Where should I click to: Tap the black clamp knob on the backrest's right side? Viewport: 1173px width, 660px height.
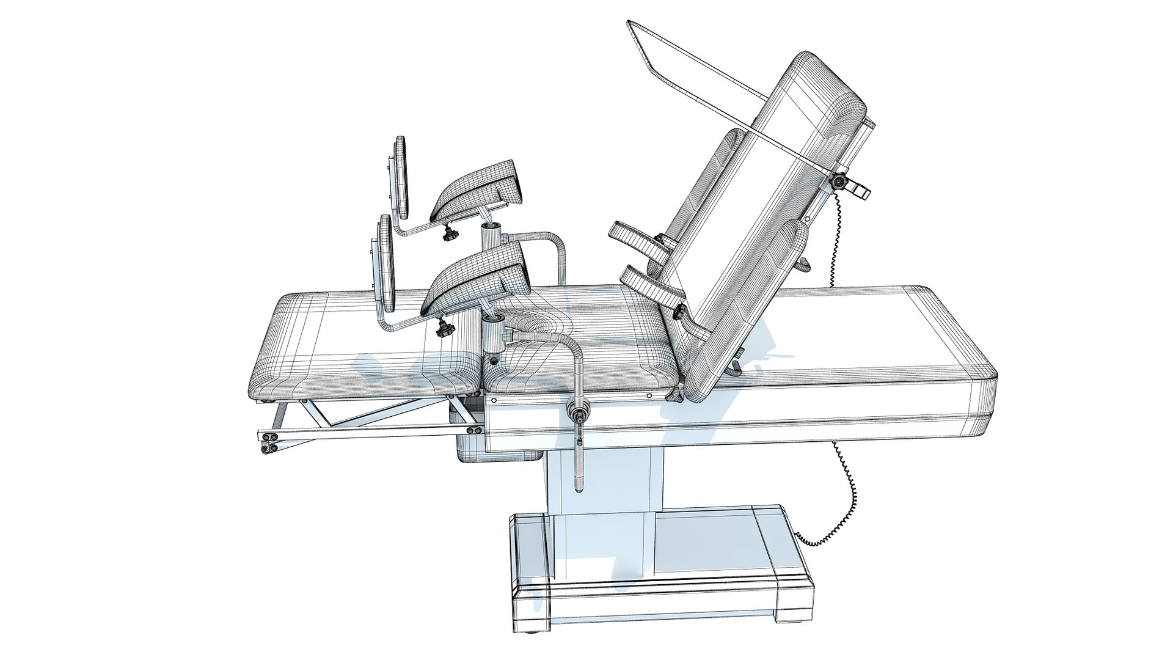click(838, 182)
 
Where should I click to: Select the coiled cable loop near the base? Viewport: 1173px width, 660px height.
click(831, 526)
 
